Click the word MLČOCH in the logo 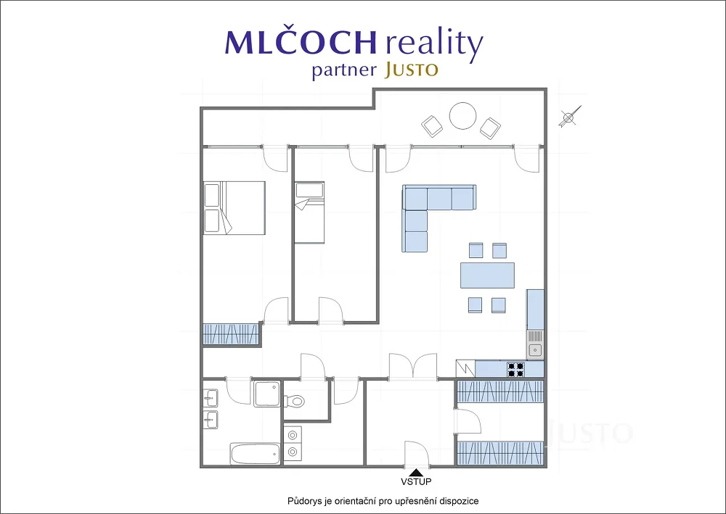click(x=301, y=43)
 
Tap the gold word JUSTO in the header click(x=411, y=70)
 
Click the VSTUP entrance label click(x=416, y=481)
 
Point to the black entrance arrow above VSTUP click(x=416, y=473)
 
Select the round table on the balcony click(x=462, y=115)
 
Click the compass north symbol click(x=569, y=117)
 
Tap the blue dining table click(x=487, y=275)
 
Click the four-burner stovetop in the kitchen click(x=515, y=369)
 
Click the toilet click(x=293, y=400)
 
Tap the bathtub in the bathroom click(x=255, y=454)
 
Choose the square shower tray click(x=267, y=394)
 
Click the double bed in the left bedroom click(x=234, y=208)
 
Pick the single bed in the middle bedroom click(x=309, y=212)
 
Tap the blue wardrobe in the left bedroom click(x=231, y=333)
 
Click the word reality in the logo click(x=434, y=43)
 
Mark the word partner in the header click(x=343, y=71)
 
